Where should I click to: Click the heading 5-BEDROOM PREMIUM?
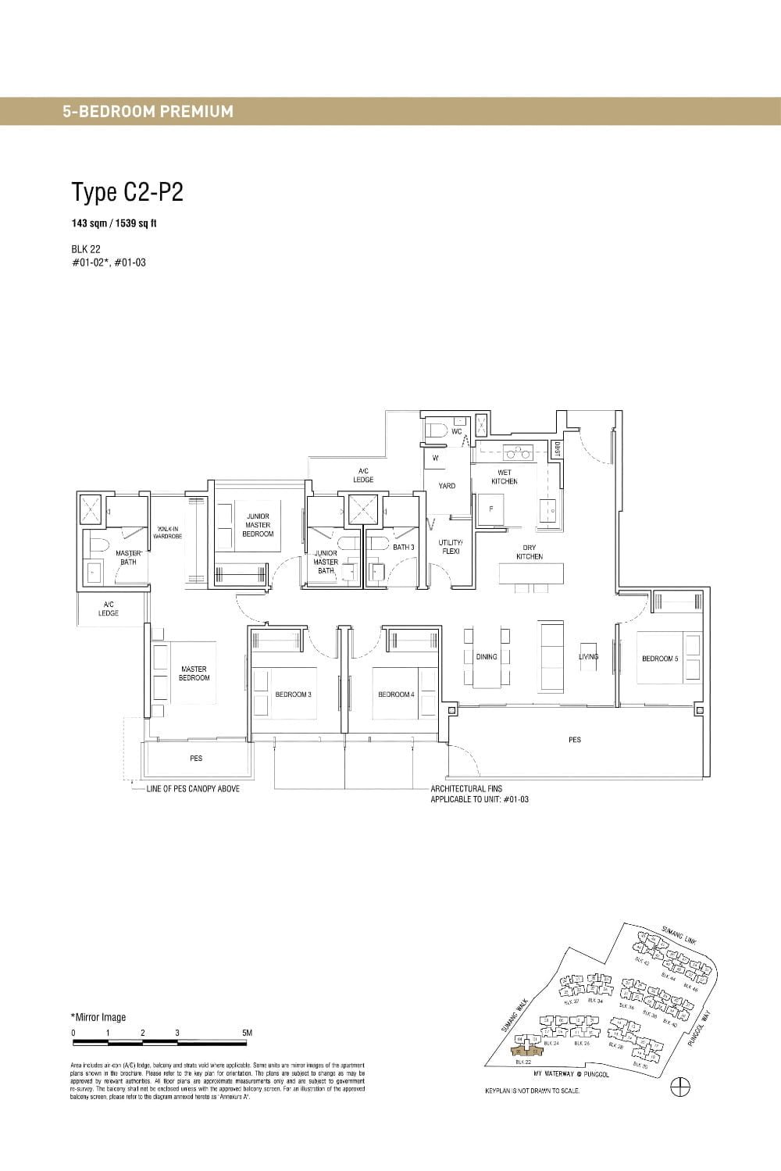148,111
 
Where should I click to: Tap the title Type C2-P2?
127,191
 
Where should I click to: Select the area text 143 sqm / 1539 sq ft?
114,223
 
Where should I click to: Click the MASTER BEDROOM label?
194,673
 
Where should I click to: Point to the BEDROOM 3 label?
293,694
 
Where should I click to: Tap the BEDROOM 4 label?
396,694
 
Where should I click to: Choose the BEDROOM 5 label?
660,659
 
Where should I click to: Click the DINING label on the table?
487,657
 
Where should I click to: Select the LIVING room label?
588,657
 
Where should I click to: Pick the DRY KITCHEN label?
530,552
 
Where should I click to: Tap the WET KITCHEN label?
505,477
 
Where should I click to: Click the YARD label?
447,486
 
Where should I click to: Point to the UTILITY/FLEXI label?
451,546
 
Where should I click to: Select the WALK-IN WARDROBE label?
168,533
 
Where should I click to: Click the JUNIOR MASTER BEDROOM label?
258,525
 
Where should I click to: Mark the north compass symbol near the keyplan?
680,1087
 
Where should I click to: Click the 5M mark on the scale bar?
248,1033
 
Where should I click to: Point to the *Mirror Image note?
98,1017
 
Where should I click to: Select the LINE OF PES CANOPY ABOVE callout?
193,789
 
